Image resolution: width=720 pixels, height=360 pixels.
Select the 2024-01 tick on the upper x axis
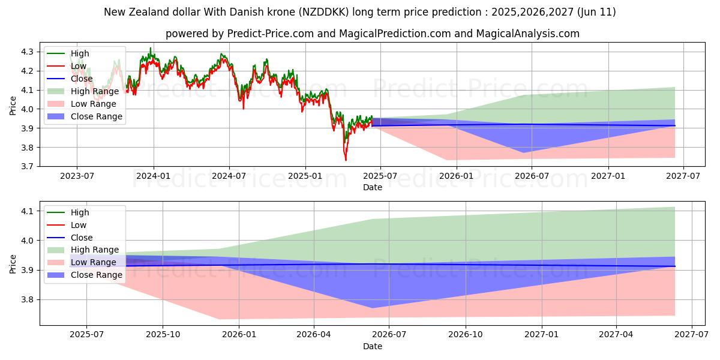pos(154,175)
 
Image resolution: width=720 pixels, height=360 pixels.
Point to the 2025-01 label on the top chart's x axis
pos(305,175)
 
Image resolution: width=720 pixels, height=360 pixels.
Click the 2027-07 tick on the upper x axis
pos(684,175)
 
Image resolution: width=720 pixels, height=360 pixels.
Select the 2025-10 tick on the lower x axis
pos(163,334)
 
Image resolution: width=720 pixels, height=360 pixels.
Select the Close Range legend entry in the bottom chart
pos(96,275)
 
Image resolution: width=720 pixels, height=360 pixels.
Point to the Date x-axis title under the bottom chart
pos(373,346)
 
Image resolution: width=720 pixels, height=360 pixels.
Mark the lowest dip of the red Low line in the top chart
pos(346,160)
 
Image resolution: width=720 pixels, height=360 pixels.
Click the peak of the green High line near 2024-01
pos(151,48)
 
